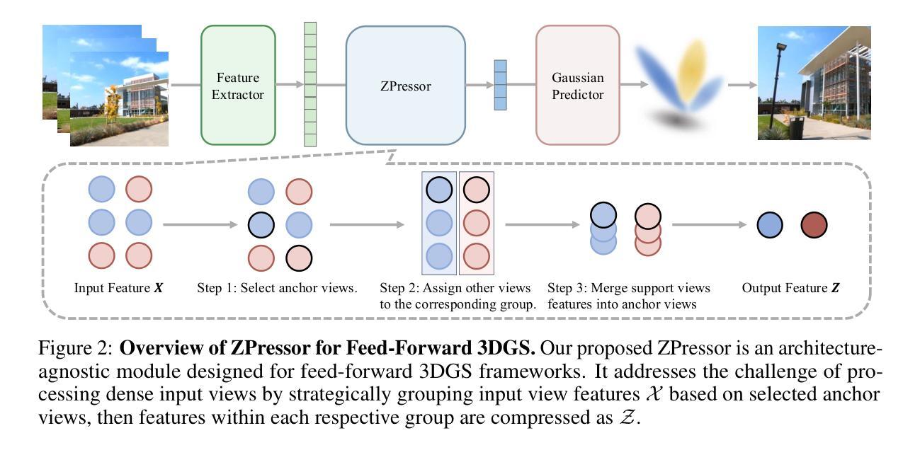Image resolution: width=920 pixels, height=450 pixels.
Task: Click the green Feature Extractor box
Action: [238, 85]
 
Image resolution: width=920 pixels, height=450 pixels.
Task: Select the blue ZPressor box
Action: [405, 86]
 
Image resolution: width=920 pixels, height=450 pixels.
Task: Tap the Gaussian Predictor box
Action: [577, 85]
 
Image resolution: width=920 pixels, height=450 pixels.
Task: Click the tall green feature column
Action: [310, 84]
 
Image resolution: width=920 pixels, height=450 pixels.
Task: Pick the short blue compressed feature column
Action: [501, 85]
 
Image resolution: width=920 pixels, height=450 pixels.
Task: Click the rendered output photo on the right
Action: [814, 83]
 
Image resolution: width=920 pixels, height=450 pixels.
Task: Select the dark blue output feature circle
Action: [770, 226]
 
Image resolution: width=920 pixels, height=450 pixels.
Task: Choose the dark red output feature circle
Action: [814, 226]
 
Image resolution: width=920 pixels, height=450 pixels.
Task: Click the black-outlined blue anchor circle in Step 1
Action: [261, 226]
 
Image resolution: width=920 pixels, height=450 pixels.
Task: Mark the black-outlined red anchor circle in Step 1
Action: [298, 258]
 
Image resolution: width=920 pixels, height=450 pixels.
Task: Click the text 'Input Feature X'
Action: [119, 289]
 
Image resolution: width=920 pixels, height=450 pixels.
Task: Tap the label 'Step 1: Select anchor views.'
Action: [277, 289]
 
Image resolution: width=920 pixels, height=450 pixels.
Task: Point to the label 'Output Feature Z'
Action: [790, 289]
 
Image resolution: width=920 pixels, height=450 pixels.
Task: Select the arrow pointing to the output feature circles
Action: [709, 226]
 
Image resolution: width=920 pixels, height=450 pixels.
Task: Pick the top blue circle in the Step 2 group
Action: [439, 189]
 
